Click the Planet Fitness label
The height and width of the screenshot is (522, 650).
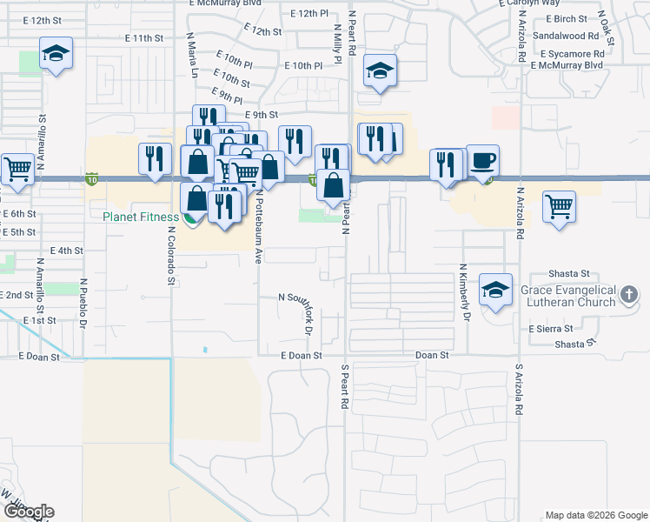pyautogui.click(x=140, y=217)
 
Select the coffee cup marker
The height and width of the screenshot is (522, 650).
pyautogui.click(x=483, y=160)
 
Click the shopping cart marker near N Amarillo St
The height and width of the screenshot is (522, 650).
pyautogui.click(x=17, y=169)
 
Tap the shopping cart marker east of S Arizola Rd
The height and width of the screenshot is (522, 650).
pyautogui.click(x=559, y=208)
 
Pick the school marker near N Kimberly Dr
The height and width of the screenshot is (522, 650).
pyautogui.click(x=495, y=291)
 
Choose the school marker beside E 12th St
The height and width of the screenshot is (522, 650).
pyautogui.click(x=56, y=57)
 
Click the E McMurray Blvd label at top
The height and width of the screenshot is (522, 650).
pyautogui.click(x=226, y=3)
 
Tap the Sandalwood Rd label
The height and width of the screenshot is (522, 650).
pyautogui.click(x=566, y=36)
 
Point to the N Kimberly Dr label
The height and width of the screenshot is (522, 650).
pyautogui.click(x=464, y=293)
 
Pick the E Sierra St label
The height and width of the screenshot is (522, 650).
pyautogui.click(x=551, y=329)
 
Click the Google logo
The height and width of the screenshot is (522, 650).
pyautogui.click(x=28, y=512)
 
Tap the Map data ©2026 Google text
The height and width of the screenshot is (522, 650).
pyautogui.click(x=595, y=515)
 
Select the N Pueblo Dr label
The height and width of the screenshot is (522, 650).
pyautogui.click(x=84, y=304)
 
